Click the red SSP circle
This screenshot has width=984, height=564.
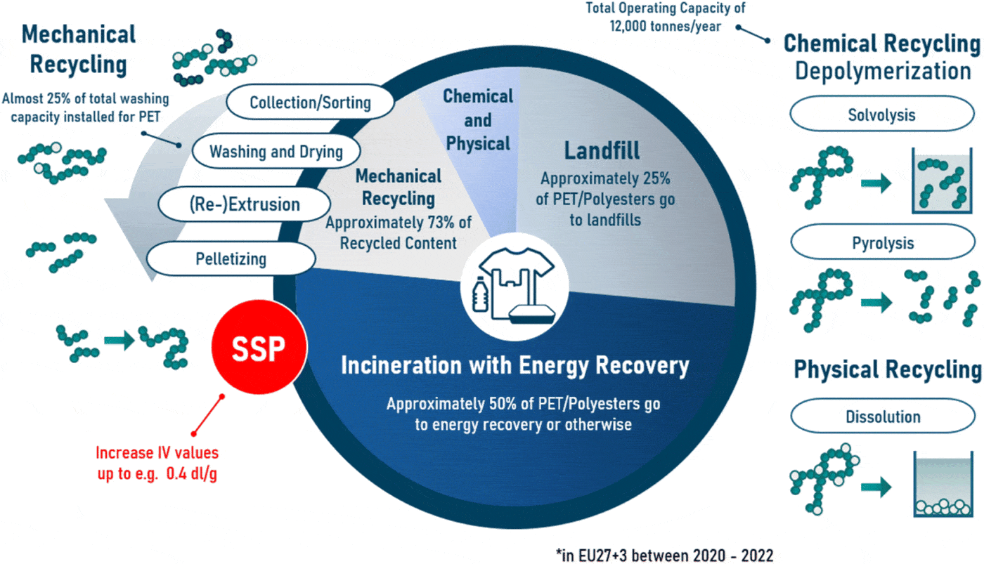tap(259, 346)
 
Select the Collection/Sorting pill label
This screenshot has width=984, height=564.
tap(309, 103)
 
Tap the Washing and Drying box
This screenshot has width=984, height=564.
tap(276, 151)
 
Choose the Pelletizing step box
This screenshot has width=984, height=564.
tap(231, 258)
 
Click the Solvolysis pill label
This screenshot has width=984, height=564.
tap(882, 114)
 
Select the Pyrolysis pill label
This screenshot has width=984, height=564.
tap(882, 243)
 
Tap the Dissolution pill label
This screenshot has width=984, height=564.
tap(882, 417)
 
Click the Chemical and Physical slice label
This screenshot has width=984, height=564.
tap(478, 119)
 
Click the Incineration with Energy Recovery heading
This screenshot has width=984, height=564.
tap(514, 366)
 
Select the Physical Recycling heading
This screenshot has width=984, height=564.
tap(887, 370)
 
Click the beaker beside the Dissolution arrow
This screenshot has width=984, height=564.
tap(943, 485)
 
